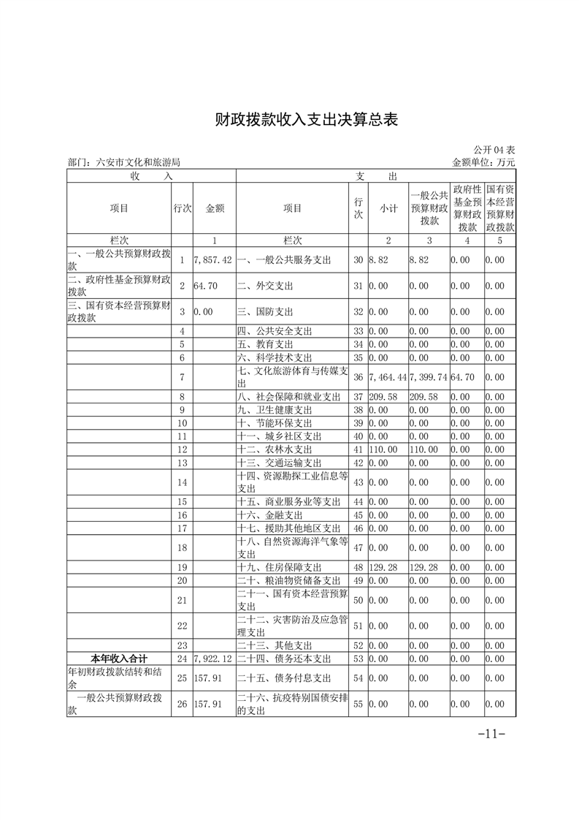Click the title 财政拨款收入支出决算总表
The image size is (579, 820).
click(x=307, y=120)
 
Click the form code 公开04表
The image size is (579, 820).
click(x=494, y=149)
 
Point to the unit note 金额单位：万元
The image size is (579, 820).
click(x=483, y=162)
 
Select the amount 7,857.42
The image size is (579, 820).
click(x=214, y=260)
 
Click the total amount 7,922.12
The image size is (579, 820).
click(x=214, y=658)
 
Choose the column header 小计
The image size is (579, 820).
click(x=388, y=208)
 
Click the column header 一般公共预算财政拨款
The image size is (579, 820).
click(x=429, y=208)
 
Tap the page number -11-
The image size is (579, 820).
click(x=491, y=733)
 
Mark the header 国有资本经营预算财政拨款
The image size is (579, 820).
click(x=499, y=208)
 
